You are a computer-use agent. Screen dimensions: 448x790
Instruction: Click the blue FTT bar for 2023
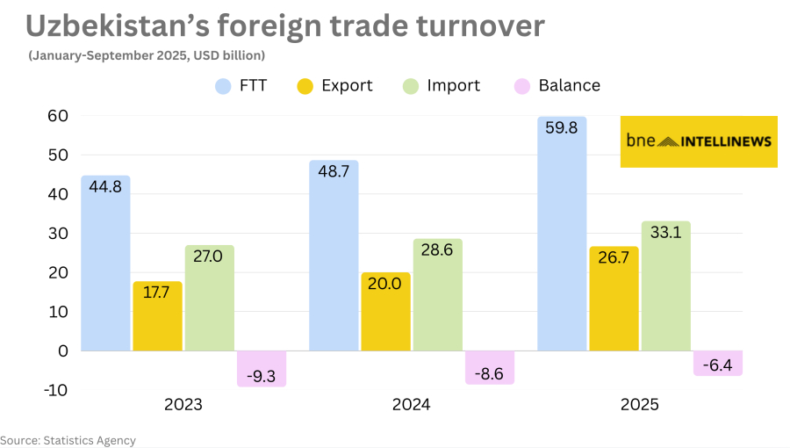click(105, 264)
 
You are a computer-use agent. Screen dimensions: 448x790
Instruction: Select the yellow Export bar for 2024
click(385, 312)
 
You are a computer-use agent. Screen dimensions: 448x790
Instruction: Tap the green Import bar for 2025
click(665, 285)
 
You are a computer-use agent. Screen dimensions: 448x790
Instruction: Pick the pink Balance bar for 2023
click(262, 369)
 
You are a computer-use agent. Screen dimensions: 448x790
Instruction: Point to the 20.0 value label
click(385, 284)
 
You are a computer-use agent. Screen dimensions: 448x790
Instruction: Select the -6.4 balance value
click(718, 363)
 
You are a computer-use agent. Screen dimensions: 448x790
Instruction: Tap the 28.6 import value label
click(437, 250)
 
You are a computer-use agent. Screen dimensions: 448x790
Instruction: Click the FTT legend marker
click(224, 86)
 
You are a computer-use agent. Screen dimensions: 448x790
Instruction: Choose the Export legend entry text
click(347, 86)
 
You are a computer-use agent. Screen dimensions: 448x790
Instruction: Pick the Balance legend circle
click(521, 86)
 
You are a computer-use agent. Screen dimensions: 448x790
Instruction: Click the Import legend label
click(453, 86)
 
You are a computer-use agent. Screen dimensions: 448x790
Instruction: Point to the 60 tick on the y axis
click(58, 116)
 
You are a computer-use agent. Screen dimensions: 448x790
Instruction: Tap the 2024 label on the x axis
click(411, 405)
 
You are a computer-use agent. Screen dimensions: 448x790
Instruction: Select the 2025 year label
click(639, 405)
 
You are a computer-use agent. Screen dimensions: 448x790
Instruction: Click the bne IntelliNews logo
click(699, 141)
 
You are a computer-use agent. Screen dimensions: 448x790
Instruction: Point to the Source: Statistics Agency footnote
click(68, 440)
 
